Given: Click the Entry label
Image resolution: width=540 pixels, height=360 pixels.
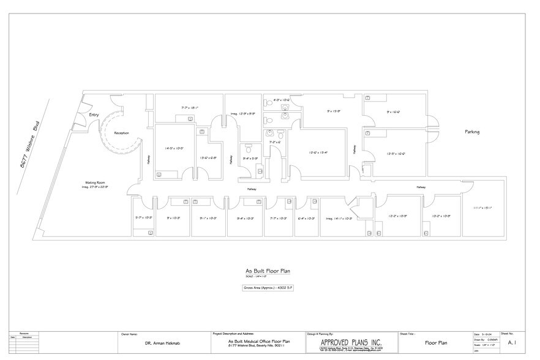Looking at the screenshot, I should [94, 114].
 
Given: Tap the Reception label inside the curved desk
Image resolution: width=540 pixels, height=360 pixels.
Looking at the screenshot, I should [121, 133].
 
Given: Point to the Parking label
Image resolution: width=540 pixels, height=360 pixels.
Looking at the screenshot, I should [471, 132].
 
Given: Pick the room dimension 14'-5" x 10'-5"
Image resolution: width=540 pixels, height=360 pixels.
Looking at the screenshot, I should [174, 148].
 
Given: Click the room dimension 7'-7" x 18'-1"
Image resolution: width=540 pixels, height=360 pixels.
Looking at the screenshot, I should [190, 107].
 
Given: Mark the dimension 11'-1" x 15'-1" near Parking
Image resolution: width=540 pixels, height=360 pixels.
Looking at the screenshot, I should [482, 208].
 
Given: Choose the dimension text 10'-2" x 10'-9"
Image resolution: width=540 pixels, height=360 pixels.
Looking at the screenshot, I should [441, 216].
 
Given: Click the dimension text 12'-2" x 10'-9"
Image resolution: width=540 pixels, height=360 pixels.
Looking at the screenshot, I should [398, 216].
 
